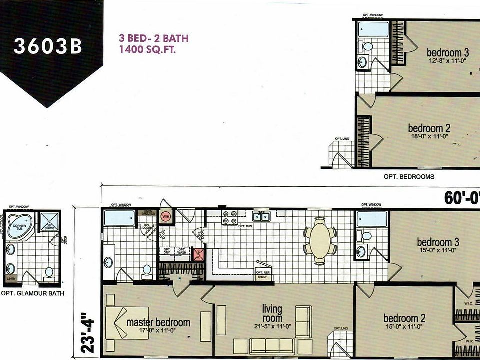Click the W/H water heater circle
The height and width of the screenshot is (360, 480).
pos(166,216)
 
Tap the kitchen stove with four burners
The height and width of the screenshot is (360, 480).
pos(229,217)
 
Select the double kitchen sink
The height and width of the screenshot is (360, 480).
pos(262,216)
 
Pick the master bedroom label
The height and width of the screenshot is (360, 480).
pos(158,322)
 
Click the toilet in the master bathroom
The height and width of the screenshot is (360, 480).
pos(147,270)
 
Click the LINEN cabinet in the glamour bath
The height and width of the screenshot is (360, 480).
pos(10,278)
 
